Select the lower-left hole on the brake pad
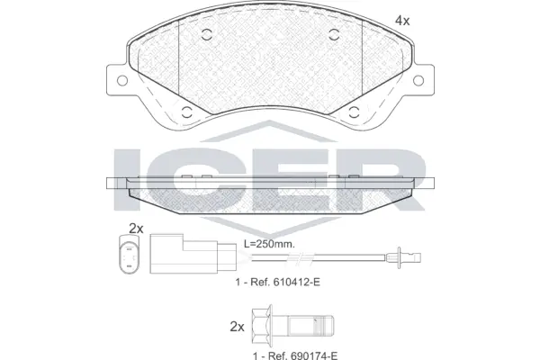pos(187,113)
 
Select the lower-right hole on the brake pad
pos(352,113)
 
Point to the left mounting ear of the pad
pos(114,79)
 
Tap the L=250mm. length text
pos(271,244)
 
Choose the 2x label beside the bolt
pos(237,326)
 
